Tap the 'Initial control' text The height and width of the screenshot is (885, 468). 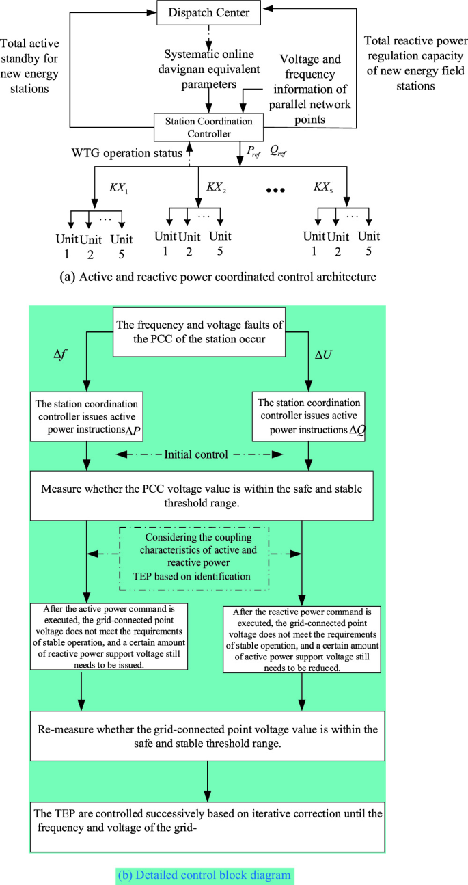pos(199,454)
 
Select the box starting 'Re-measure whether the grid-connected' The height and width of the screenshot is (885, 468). pos(206,735)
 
